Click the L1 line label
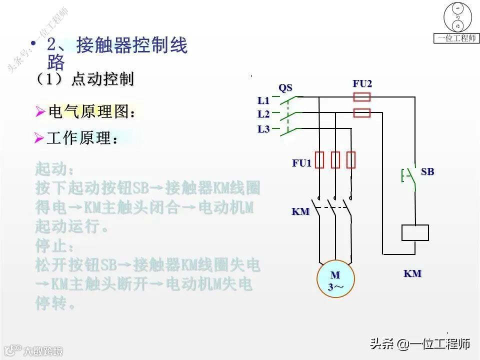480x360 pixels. point(263,101)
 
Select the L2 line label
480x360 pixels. point(263,114)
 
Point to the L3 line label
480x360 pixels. point(263,129)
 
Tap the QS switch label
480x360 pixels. point(285,88)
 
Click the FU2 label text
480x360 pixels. point(362,83)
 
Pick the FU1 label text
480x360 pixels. point(302,163)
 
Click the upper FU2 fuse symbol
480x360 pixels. point(362,97)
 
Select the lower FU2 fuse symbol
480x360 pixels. point(362,113)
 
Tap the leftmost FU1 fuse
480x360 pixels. point(319,159)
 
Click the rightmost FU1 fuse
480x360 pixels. point(351,159)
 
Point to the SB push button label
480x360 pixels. point(427,172)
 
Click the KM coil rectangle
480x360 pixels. point(415,233)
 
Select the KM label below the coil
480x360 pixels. point(412,273)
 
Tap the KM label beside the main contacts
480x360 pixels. point(300,211)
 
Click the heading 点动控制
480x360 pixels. point(102,79)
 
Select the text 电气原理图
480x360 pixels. point(91,112)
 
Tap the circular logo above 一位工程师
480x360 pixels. point(457,17)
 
